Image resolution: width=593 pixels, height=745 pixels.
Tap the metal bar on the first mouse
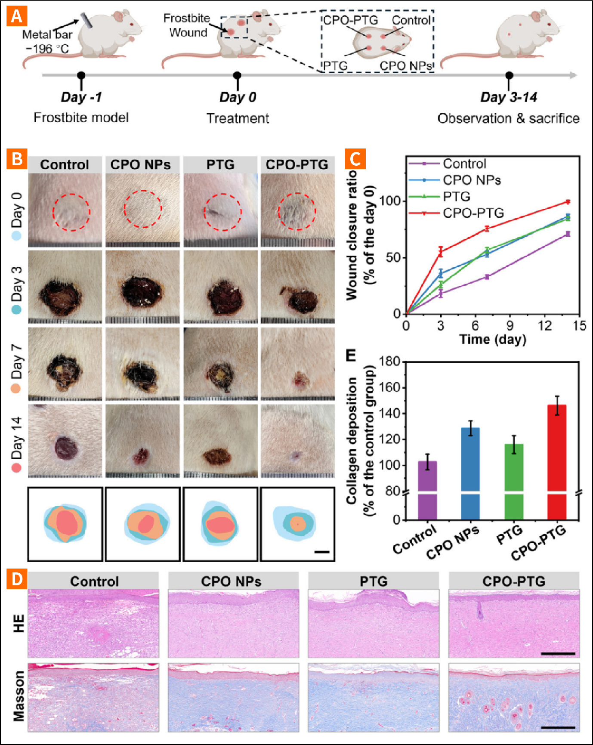[86, 21]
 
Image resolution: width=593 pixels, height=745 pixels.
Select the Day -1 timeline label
[81, 97]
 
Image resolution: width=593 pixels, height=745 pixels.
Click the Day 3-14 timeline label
[509, 97]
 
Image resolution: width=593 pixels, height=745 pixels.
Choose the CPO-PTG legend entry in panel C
[473, 213]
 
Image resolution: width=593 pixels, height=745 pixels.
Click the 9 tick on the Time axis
[510, 325]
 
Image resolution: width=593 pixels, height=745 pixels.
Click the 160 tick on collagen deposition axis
[390, 388]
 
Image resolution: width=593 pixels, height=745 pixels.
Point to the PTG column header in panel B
[220, 164]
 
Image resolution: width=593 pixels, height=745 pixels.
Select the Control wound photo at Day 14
[65, 441]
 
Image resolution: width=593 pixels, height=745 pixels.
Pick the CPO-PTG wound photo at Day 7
[298, 364]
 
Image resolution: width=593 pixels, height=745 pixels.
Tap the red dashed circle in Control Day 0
[71, 212]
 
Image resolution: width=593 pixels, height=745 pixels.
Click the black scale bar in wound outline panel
[321, 551]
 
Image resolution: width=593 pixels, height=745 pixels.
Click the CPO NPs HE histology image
[233, 623]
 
